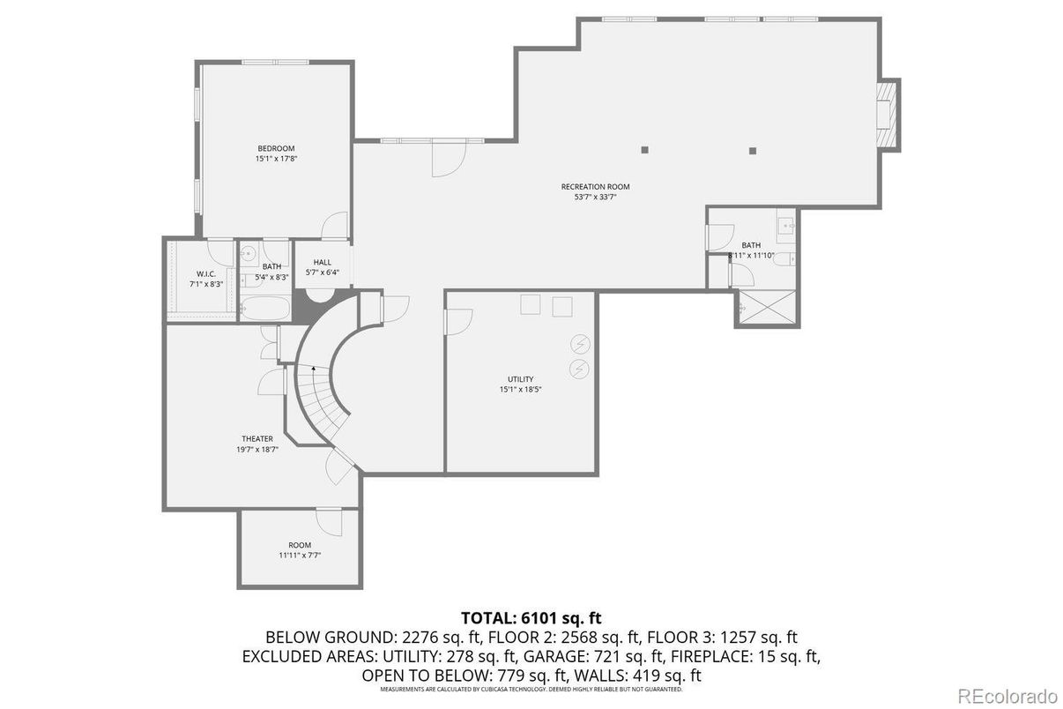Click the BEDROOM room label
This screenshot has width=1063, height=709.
[276, 148]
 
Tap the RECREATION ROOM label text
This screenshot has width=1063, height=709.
[595, 187]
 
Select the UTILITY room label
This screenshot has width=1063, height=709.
[520, 379]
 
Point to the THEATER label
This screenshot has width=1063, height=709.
[257, 438]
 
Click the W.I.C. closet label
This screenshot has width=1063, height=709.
[206, 273]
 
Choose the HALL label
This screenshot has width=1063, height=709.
[323, 262]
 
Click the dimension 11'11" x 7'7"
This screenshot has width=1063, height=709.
[300, 556]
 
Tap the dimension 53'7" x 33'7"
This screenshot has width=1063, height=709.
[595, 198]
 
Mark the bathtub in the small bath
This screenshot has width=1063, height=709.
[264, 309]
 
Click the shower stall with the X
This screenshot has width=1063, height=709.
[767, 309]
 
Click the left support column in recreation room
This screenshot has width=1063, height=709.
[645, 150]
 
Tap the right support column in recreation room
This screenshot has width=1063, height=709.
[752, 151]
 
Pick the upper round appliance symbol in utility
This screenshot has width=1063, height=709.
[580, 344]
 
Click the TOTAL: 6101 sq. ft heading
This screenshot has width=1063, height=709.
[531, 617]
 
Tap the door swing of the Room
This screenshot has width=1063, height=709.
[330, 522]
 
